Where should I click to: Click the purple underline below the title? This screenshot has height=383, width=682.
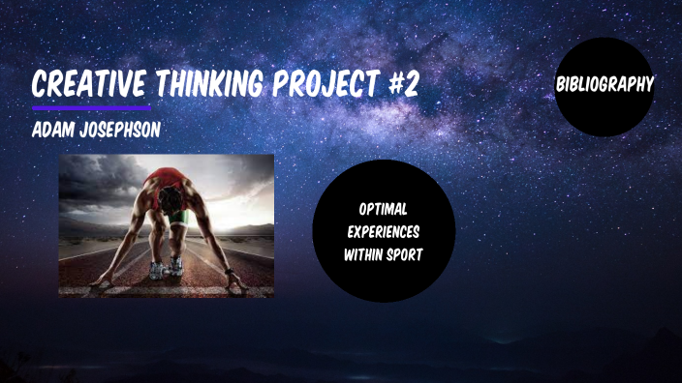tap(91, 107)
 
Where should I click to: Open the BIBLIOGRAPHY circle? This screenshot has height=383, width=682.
tap(604, 86)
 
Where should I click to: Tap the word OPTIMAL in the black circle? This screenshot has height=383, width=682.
tap(384, 209)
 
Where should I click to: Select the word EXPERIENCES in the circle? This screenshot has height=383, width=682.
tap(384, 232)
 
